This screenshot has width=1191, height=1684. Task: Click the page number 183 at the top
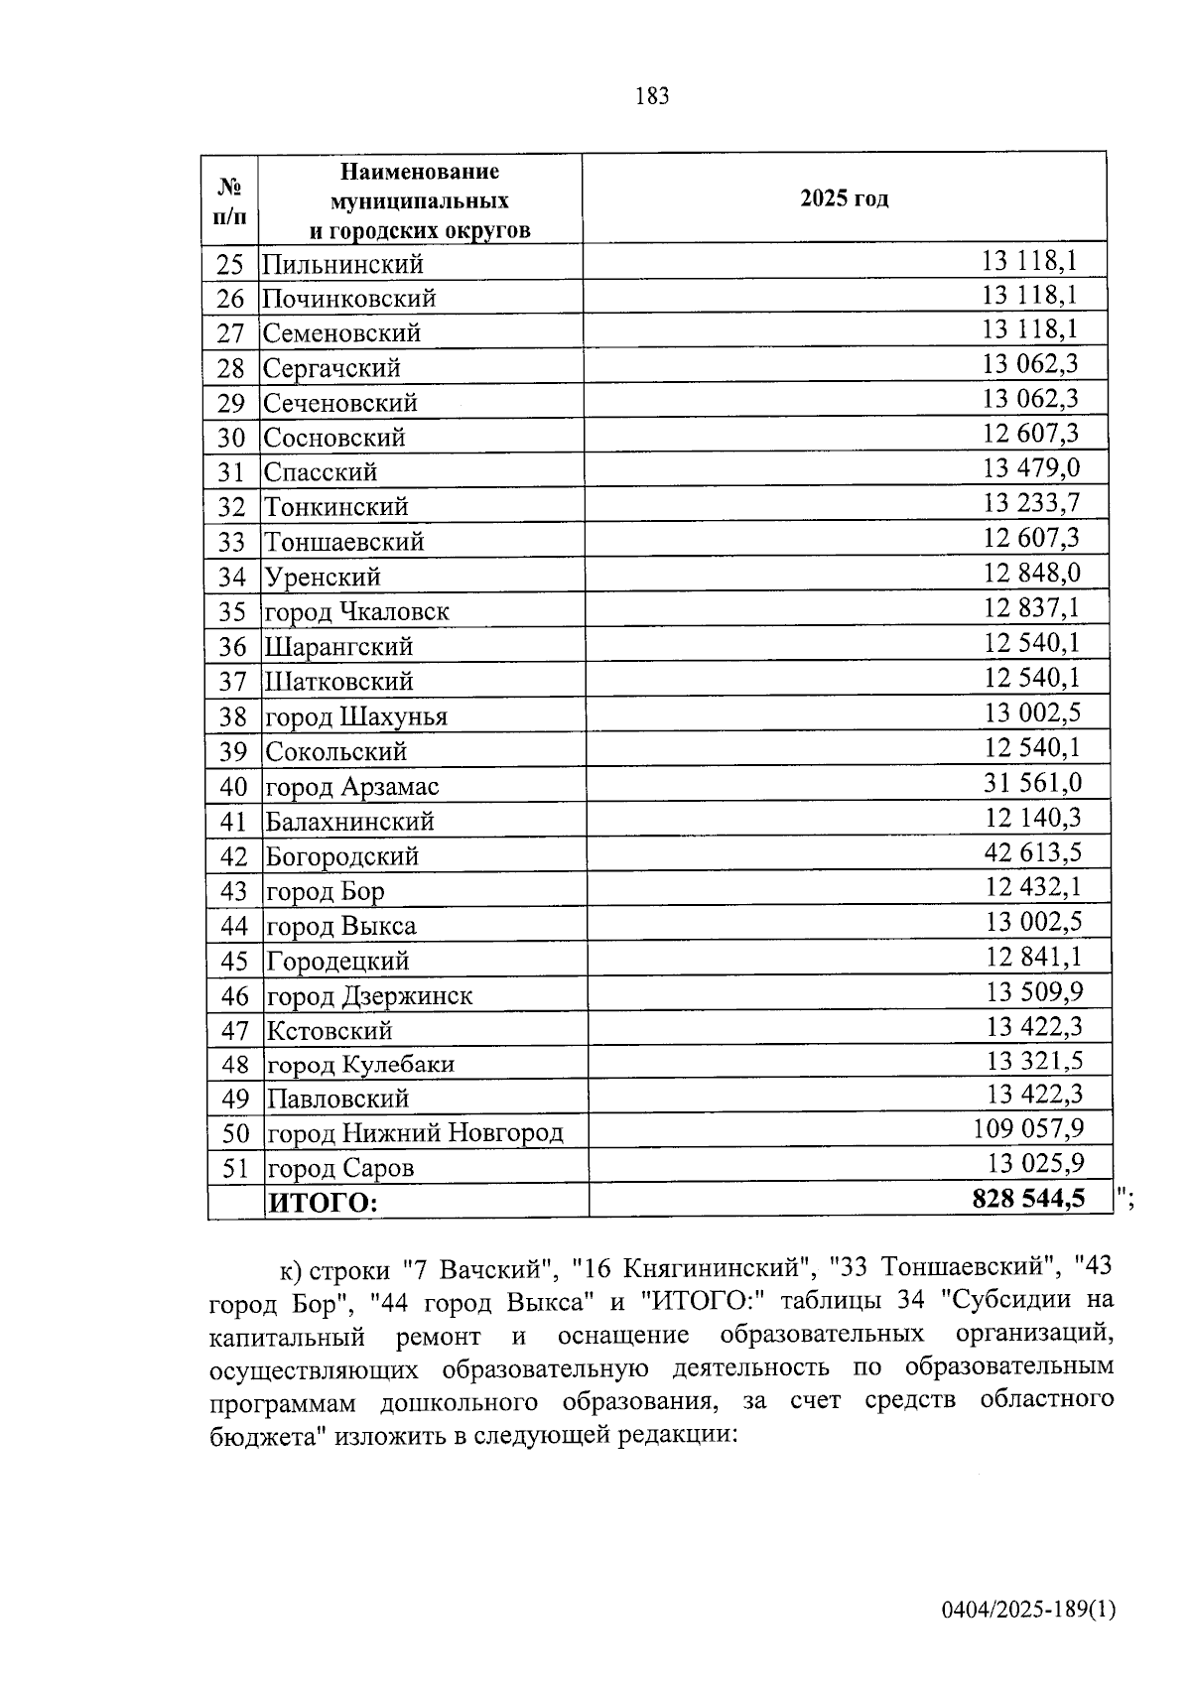651,96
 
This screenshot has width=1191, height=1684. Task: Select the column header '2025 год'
844,198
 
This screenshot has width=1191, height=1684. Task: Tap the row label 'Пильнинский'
342,265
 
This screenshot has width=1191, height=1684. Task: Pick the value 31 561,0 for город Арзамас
1032,783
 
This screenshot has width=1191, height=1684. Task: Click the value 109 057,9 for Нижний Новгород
1027,1128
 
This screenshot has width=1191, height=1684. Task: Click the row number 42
233,856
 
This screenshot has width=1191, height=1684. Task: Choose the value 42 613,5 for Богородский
1032,852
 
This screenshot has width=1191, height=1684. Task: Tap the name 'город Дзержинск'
369,995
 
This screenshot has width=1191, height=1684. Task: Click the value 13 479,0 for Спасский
1031,467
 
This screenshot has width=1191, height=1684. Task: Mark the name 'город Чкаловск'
356,612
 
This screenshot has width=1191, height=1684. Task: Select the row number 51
234,1168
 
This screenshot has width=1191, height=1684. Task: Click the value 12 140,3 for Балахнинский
1032,818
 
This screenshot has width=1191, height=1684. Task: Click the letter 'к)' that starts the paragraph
291,1269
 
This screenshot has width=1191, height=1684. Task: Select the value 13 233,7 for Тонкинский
1031,503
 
